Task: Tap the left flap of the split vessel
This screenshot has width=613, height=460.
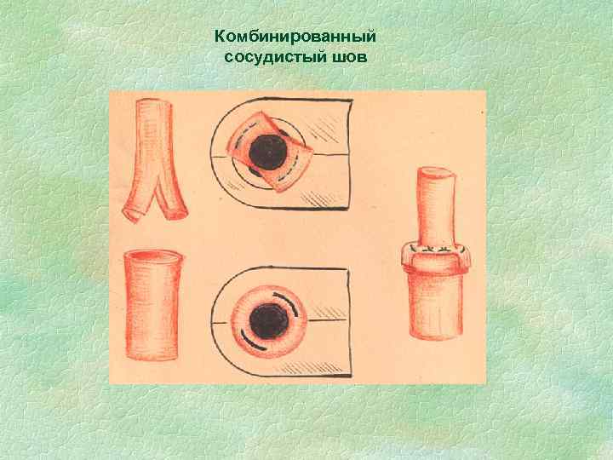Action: coord(137,203)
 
